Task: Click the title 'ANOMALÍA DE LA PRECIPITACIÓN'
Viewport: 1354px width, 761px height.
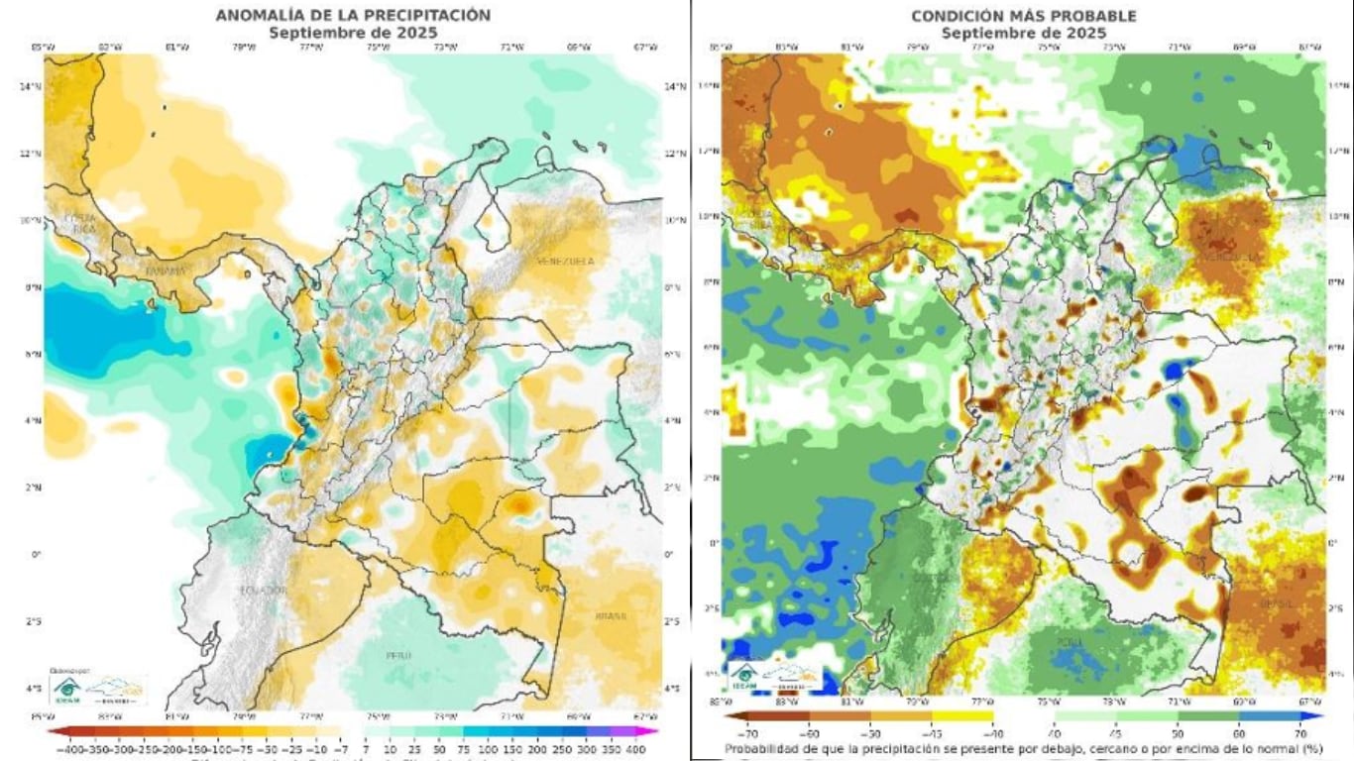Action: point(353,15)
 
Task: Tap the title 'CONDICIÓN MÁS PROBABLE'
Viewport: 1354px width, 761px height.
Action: point(1024,16)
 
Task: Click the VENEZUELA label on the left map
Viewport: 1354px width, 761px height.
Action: point(565,261)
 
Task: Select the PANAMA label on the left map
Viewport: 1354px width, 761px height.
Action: point(166,271)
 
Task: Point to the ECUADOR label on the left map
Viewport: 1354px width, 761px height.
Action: point(262,590)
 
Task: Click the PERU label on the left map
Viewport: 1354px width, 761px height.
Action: point(400,655)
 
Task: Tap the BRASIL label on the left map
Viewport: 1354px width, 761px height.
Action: point(611,616)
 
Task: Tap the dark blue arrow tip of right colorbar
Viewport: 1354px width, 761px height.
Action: point(1319,714)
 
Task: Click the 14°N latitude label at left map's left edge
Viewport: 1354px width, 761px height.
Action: point(32,86)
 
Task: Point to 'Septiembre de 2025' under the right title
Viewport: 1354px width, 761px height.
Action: point(1024,33)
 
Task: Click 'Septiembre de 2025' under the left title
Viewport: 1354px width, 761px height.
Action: point(353,32)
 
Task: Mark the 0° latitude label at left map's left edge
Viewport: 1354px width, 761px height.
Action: point(36,554)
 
